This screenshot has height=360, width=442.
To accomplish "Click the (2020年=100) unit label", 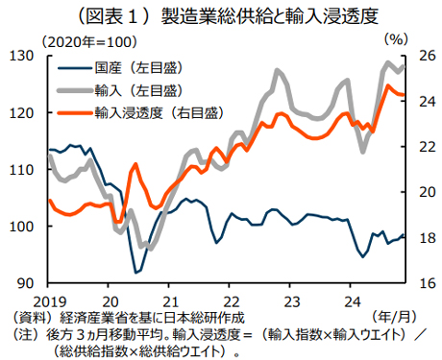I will click(x=86, y=39).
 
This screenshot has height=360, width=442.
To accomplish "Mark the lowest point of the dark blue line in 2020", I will click(x=136, y=272).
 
